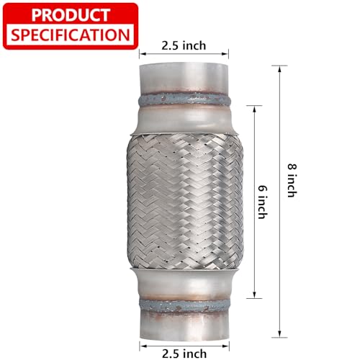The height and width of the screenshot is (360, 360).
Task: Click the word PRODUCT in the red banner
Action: (71, 15)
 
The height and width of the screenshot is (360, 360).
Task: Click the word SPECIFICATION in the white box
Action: (71, 35)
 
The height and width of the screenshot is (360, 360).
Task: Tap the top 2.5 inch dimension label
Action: (184, 45)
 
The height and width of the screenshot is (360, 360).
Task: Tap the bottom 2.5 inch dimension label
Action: (184, 354)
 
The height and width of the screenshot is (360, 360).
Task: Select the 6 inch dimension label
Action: (262, 202)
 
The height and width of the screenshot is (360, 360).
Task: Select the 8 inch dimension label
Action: (292, 181)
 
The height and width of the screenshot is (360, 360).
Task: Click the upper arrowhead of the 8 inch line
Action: (279, 69)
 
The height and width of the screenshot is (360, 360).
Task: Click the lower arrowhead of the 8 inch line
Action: (279, 334)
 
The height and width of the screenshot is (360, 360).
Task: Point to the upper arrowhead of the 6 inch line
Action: (254, 109)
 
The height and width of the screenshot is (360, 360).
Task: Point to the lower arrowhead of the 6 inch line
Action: (254, 295)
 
